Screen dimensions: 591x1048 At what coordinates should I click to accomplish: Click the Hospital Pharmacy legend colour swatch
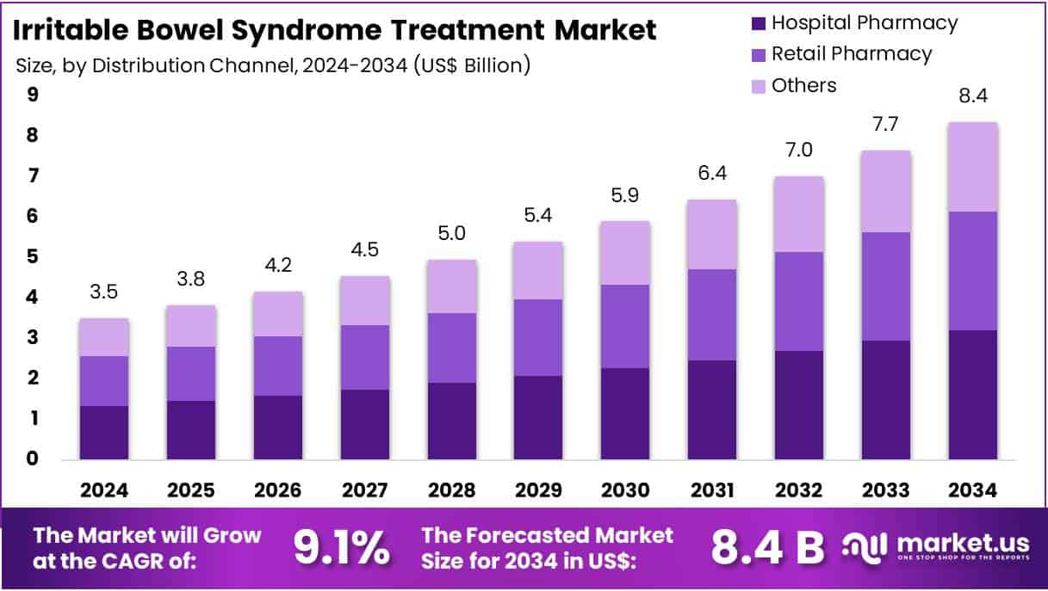[757, 23]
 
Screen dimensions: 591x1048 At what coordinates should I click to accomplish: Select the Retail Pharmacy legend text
[851, 54]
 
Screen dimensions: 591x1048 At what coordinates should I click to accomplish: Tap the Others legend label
[803, 85]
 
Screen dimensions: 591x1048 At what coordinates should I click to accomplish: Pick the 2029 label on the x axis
[538, 489]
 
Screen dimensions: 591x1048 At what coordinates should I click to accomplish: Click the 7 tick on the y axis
[34, 176]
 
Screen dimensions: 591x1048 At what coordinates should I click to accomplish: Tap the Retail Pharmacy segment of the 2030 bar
[625, 326]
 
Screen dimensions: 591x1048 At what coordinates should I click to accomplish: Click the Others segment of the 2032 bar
[799, 214]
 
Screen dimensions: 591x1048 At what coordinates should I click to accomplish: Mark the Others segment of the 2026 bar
[277, 314]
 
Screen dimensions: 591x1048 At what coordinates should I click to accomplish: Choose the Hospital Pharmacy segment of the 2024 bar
[104, 432]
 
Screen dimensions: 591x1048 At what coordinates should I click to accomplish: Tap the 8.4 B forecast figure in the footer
[766, 548]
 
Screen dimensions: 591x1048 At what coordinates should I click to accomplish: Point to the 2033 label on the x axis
[886, 489]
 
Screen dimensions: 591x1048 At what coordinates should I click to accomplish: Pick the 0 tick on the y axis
[34, 459]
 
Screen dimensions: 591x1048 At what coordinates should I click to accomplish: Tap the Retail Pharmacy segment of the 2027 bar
[364, 357]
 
